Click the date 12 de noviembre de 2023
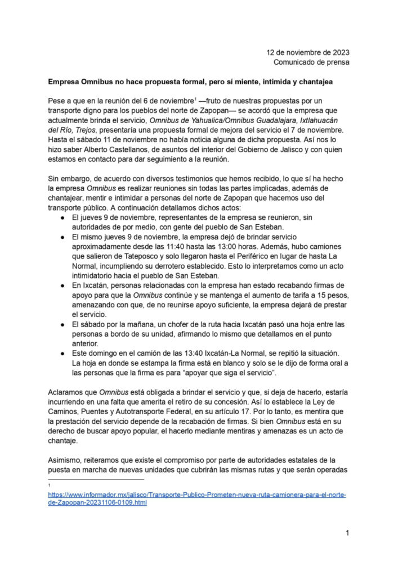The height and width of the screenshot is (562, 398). coord(307,52)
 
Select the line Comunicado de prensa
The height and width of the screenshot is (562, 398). coord(311,62)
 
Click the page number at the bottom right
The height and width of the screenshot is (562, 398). coord(347,532)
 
